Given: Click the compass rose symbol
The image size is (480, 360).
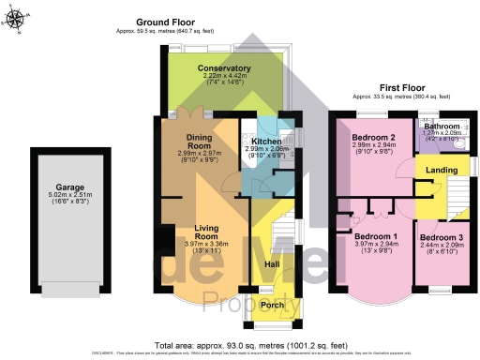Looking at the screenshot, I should tap(20, 21).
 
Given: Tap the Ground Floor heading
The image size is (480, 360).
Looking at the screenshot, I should tap(165, 22).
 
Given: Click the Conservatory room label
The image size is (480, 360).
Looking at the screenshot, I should tap(224, 68).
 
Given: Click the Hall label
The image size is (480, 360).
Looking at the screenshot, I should tap(272, 265).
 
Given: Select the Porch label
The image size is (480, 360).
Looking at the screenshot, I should tap(272, 304).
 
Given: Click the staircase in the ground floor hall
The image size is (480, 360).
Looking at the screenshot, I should tap(280, 230).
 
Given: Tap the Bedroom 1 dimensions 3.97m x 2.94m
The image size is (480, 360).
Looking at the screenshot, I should tap(374, 245).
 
